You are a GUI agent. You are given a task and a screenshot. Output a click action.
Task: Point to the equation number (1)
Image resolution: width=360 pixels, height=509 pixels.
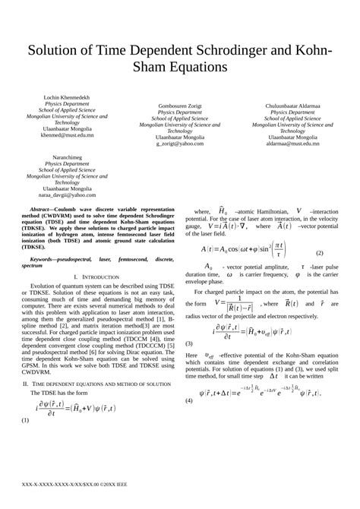(x=25, y=419)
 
